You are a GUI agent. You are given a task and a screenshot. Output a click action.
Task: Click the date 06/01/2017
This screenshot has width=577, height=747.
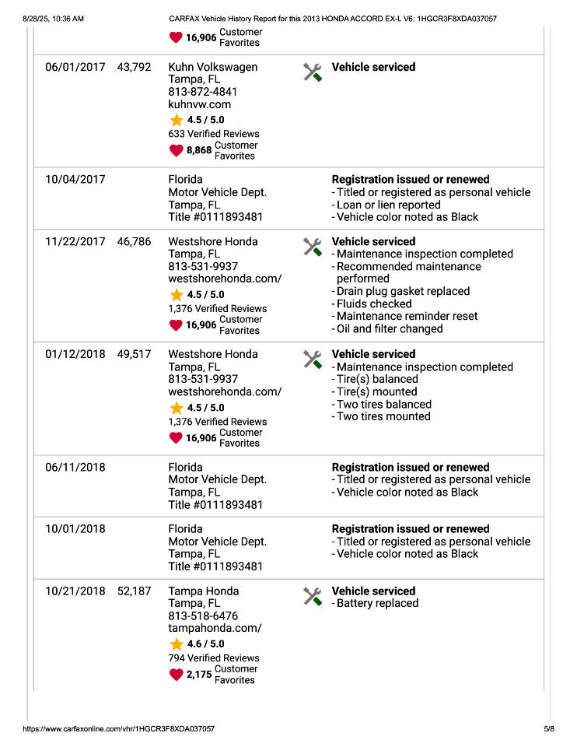click(75, 68)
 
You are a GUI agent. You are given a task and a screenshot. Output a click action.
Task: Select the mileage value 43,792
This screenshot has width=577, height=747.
click(134, 68)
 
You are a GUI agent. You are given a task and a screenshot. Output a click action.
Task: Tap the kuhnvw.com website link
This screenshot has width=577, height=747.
click(200, 104)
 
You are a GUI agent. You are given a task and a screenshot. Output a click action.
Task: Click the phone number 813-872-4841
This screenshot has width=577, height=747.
click(203, 92)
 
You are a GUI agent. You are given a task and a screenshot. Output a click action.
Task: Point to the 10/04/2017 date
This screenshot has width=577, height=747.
click(75, 180)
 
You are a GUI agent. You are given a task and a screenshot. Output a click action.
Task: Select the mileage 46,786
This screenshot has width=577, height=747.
click(134, 242)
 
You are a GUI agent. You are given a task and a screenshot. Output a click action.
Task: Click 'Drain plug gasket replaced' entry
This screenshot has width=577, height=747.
click(403, 291)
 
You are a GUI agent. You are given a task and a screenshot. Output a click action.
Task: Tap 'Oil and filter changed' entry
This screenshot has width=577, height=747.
click(389, 328)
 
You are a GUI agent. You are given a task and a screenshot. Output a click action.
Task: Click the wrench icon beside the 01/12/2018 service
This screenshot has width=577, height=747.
click(312, 359)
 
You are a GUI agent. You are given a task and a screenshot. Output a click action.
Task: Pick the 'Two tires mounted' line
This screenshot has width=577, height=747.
click(383, 416)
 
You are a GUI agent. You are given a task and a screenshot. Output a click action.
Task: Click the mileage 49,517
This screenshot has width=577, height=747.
click(134, 354)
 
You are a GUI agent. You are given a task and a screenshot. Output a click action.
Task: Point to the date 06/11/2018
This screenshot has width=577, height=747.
click(75, 468)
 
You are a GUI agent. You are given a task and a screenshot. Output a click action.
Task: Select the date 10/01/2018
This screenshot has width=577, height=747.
click(75, 529)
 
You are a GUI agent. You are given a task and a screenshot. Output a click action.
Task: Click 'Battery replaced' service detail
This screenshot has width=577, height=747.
click(377, 603)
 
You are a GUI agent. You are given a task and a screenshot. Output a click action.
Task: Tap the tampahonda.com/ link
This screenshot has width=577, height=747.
click(215, 628)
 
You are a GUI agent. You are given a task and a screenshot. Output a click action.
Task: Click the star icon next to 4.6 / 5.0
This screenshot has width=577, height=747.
click(177, 644)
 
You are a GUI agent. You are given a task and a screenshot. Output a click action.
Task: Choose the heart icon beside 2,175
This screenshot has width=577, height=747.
click(177, 675)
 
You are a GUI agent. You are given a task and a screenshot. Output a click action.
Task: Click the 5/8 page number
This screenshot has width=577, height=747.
click(549, 729)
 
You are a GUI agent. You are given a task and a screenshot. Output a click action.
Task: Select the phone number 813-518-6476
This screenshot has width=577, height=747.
click(203, 615)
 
